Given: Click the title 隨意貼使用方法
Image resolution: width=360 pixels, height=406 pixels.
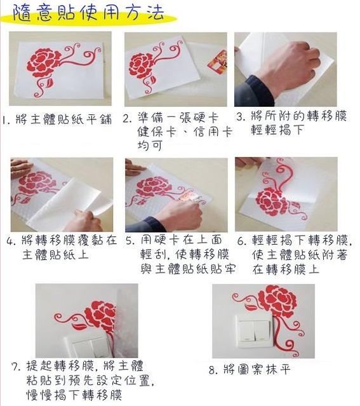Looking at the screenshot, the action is click(x=88, y=13).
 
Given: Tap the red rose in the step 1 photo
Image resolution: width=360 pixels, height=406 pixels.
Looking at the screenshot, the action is click(x=43, y=62).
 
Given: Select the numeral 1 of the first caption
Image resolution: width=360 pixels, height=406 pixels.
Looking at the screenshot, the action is click(x=4, y=120).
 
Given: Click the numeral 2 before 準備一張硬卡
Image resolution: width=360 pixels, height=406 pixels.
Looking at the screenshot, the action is click(x=127, y=119).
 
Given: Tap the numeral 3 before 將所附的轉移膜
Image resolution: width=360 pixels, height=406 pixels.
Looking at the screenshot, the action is click(x=241, y=117).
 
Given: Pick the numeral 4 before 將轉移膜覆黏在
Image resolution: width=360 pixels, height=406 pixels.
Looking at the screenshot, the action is click(x=11, y=241).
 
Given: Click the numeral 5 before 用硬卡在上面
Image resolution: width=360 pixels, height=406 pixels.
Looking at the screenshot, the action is click(x=130, y=241).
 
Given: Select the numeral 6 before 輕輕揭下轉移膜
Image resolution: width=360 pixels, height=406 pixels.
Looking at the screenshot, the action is click(x=242, y=241).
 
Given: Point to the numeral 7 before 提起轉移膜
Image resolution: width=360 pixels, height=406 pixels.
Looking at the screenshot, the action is click(x=17, y=367).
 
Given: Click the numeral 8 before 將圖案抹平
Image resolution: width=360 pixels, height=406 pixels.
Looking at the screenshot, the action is click(x=213, y=370).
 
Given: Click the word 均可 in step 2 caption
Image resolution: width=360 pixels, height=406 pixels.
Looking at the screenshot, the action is click(x=150, y=145).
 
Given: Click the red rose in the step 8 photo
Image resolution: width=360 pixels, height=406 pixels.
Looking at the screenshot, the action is click(x=279, y=300).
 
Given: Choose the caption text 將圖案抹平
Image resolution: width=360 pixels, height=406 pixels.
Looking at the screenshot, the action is click(x=257, y=370).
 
